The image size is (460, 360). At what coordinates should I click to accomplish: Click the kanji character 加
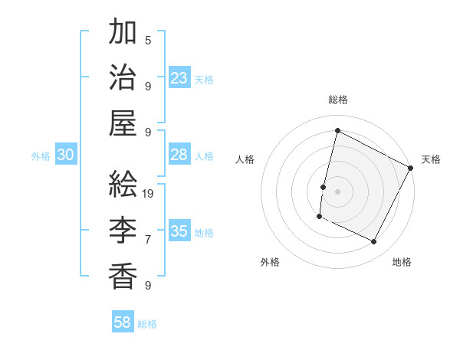[123, 33]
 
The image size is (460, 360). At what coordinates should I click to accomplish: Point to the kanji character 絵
[123, 184]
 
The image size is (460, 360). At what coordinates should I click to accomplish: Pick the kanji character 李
[123, 229]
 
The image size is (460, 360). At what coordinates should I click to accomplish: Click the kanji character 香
[123, 273]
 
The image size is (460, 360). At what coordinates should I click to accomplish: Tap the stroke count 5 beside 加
[147, 41]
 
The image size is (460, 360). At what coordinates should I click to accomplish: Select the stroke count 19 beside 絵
[149, 193]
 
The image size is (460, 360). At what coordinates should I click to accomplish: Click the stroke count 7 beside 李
[147, 239]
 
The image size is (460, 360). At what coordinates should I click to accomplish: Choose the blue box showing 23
[179, 78]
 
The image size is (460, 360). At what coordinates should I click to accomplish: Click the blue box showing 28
[179, 155]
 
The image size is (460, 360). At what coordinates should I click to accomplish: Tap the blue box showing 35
[179, 231]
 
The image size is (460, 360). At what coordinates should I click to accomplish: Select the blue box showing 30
[66, 155]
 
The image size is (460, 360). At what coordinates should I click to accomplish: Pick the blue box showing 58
[123, 322]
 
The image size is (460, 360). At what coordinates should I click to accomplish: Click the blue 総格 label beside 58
[147, 324]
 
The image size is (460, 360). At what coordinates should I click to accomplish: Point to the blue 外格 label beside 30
[41, 156]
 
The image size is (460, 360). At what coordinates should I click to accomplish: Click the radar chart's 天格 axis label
[431, 159]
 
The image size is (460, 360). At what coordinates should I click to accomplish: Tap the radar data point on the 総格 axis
[337, 130]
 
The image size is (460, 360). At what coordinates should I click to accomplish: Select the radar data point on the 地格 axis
[374, 242]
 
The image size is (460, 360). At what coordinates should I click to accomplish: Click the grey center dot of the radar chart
[337, 191]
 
